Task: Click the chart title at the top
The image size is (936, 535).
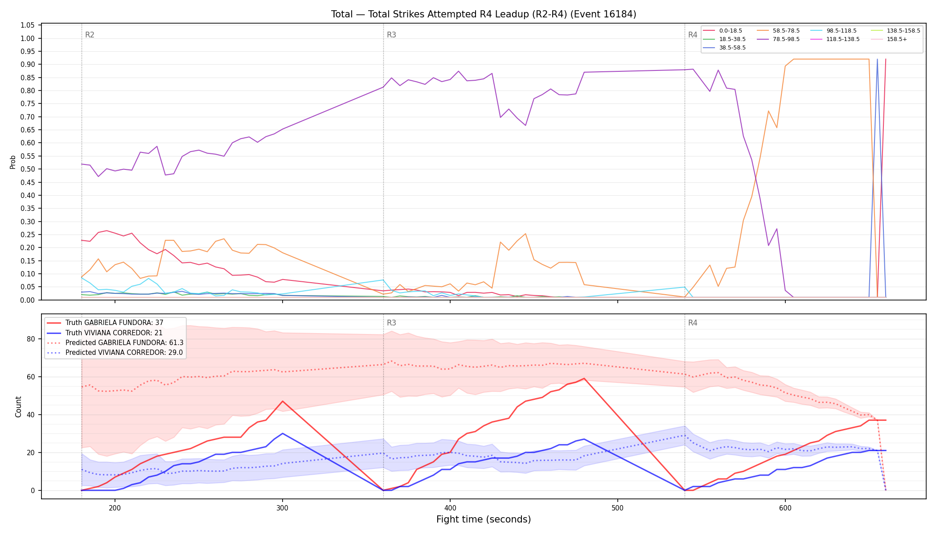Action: [484, 14]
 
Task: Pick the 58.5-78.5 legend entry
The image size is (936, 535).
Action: [778, 31]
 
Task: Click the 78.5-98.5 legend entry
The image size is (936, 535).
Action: [778, 39]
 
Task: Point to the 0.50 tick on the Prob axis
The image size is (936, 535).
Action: [28, 169]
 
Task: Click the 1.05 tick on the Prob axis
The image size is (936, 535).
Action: [28, 25]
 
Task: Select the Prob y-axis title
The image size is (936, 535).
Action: [12, 162]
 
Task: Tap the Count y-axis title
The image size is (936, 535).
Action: [18, 407]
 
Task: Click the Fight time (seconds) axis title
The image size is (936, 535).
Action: [484, 519]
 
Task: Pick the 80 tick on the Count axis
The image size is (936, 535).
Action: [30, 339]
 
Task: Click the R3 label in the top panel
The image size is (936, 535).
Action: [391, 35]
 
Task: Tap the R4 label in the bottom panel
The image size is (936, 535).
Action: [693, 323]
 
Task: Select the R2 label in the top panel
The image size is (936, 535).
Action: [90, 35]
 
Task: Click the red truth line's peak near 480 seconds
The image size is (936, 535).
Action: [584, 379]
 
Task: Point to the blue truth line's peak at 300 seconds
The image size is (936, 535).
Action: [283, 433]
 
